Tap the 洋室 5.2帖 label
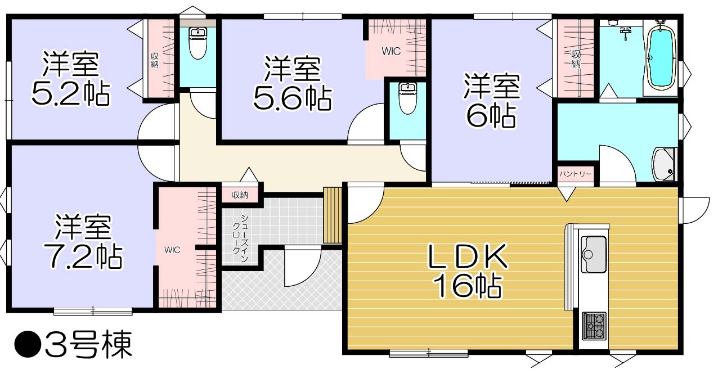[70, 79]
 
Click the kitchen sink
[594, 247]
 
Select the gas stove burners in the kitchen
[594, 325]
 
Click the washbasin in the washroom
[665, 163]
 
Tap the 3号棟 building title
[73, 345]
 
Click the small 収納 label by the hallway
[240, 195]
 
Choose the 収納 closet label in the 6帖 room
[576, 59]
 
